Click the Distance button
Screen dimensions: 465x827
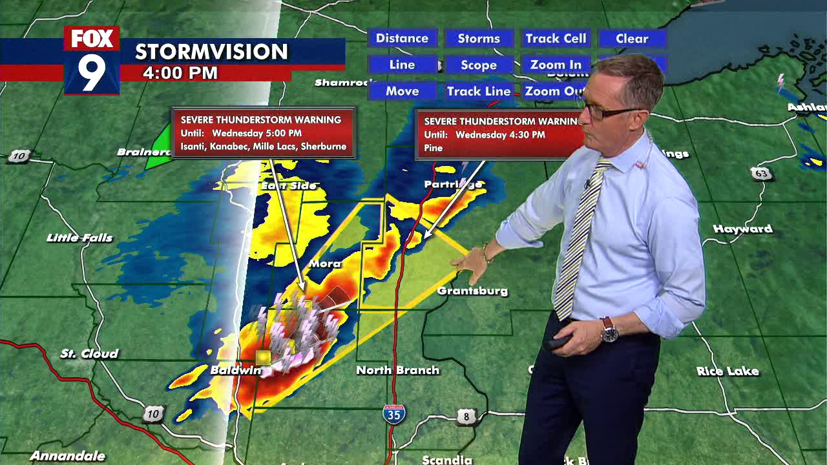402,38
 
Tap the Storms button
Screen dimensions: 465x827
479,38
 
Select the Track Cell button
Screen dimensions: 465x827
556,38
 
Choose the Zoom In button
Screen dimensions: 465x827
556,65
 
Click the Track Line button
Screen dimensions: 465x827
479,91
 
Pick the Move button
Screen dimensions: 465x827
402,91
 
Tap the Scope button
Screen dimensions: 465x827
479,65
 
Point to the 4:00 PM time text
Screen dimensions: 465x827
180,73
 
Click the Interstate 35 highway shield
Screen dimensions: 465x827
393,414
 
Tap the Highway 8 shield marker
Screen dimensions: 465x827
466,417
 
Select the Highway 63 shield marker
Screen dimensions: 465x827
761,173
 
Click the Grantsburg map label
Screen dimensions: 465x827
472,291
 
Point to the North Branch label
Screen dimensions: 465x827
397,370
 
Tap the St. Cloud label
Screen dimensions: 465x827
90,353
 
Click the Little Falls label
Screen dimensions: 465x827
79,238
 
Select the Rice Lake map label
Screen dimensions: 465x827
728,371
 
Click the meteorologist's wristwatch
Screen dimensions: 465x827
609,331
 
